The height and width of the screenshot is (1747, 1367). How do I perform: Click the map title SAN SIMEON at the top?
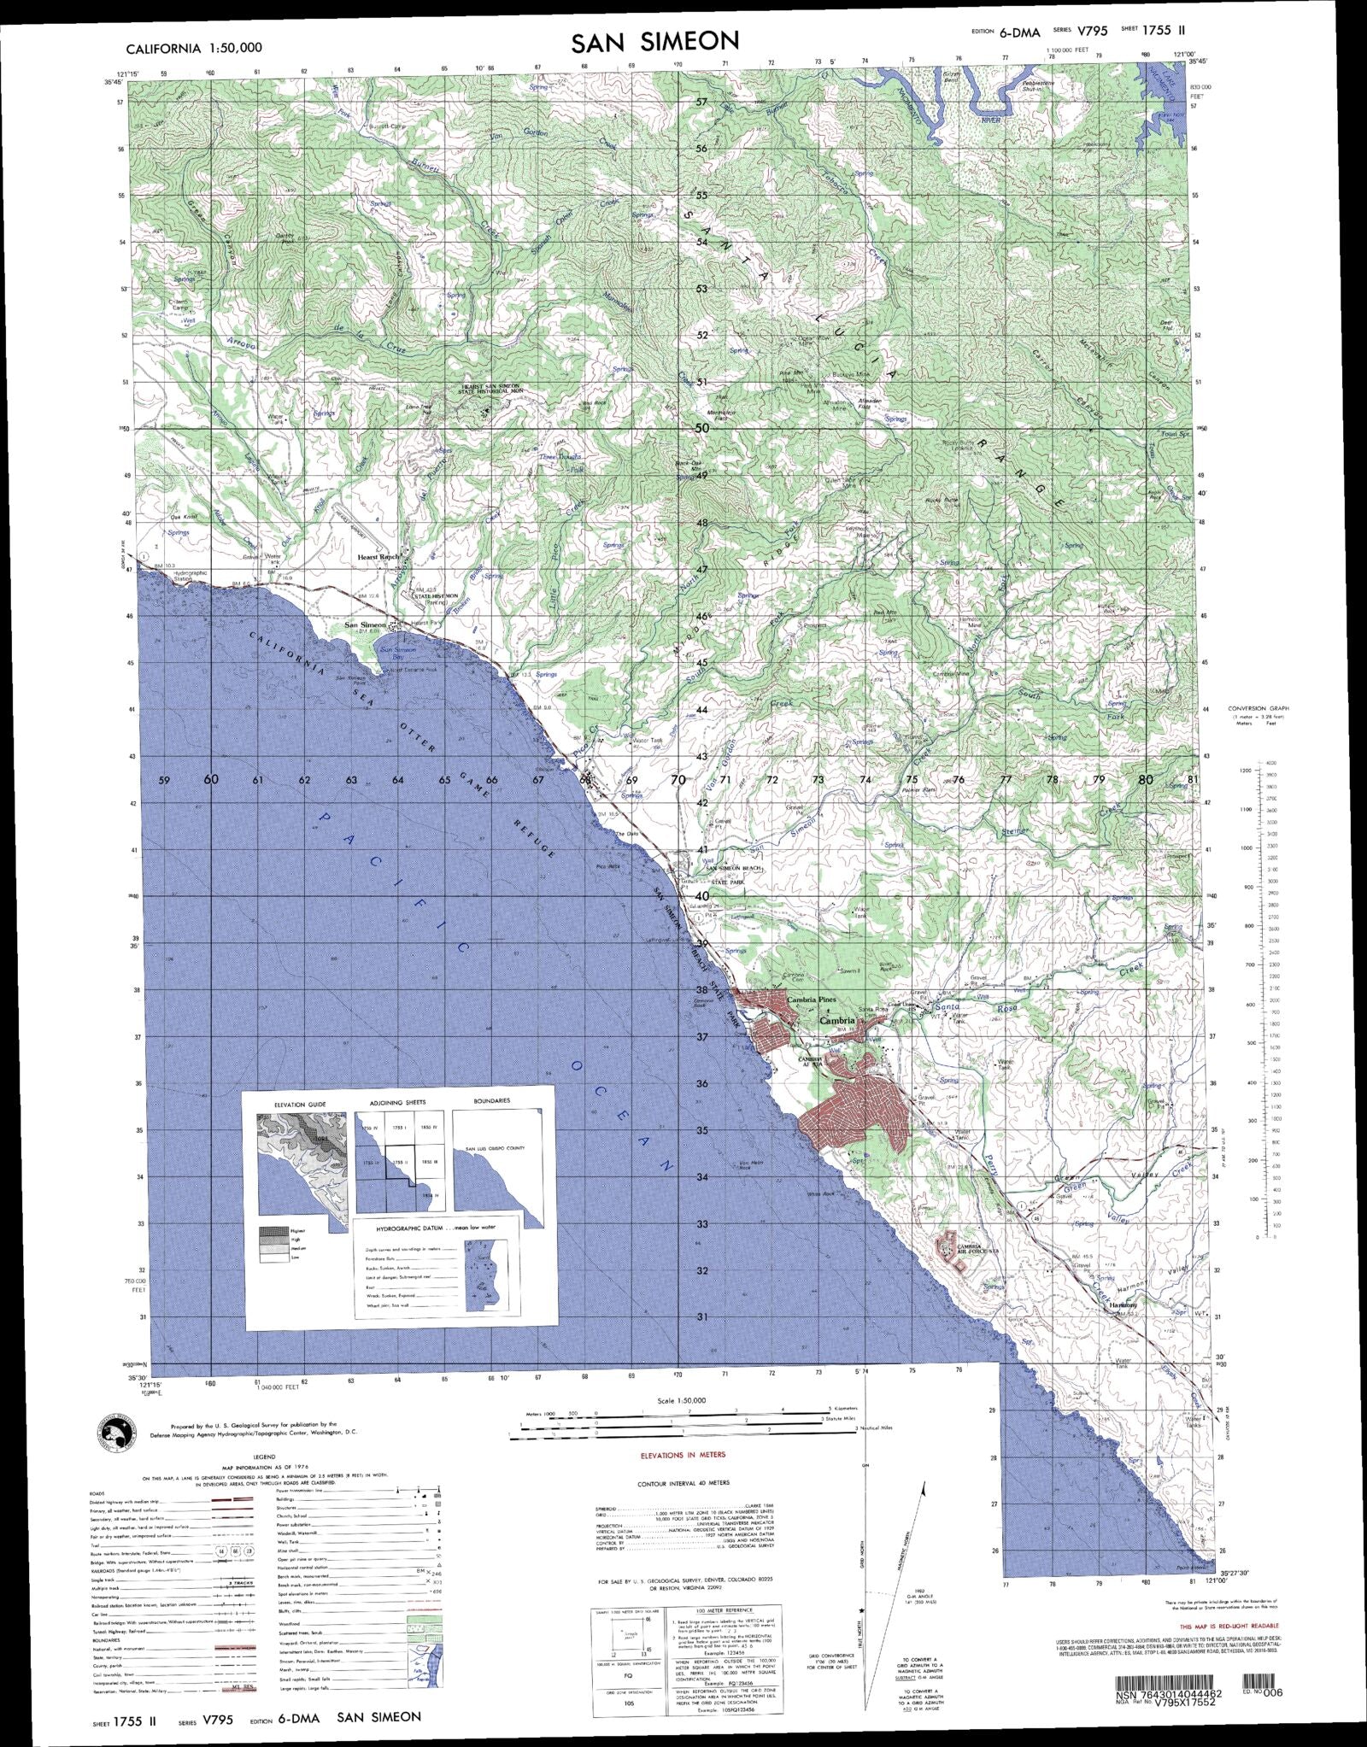click(x=655, y=42)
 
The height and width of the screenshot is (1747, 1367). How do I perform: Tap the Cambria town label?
click(x=836, y=1020)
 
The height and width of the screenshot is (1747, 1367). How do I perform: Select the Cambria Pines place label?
click(x=813, y=999)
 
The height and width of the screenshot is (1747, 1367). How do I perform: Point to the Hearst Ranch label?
click(x=378, y=557)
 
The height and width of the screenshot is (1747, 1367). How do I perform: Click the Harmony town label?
click(x=1123, y=1329)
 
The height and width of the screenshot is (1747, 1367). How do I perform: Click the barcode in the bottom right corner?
click(x=1165, y=1696)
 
